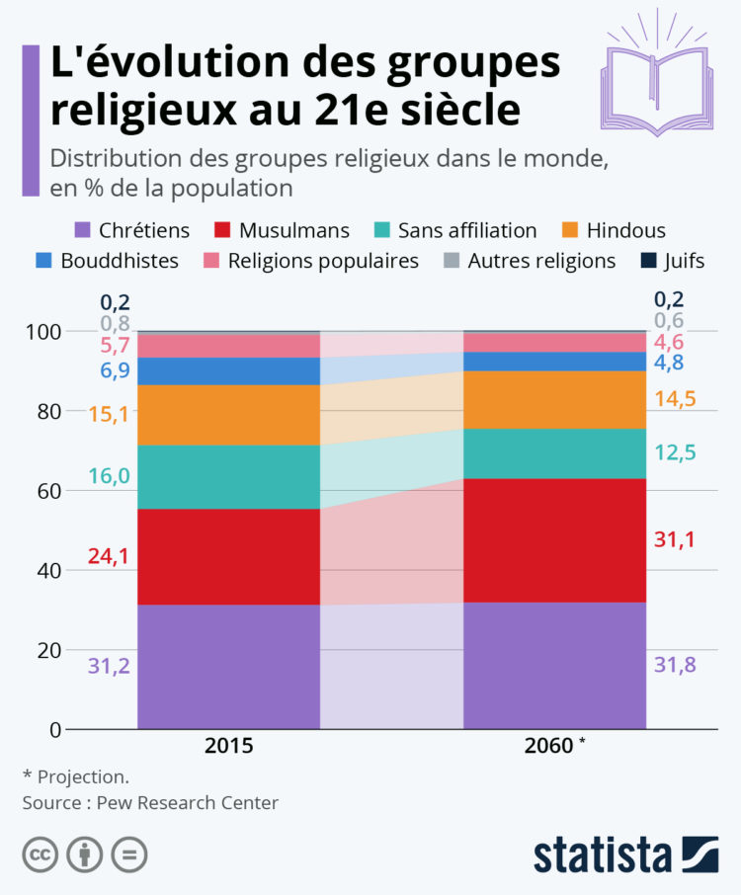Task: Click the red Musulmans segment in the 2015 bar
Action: click(x=228, y=556)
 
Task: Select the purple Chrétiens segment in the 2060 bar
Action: click(x=554, y=665)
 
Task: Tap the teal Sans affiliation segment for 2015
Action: click(x=228, y=476)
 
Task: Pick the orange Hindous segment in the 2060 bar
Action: click(x=554, y=399)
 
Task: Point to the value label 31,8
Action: click(x=675, y=665)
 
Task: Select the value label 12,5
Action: click(x=675, y=453)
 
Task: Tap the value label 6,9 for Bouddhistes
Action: click(x=115, y=371)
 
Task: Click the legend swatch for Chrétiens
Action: click(x=83, y=231)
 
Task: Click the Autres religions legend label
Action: click(x=541, y=261)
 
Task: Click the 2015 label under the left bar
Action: click(x=228, y=746)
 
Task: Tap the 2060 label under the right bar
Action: click(x=549, y=746)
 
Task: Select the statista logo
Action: click(x=625, y=854)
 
